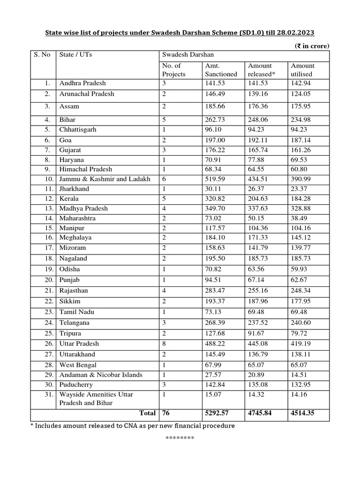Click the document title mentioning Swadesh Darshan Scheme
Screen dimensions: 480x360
180,33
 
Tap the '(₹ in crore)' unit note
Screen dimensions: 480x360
312,45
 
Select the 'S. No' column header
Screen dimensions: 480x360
42,54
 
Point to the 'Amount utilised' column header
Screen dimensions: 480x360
303,70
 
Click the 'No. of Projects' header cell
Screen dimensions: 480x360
174,70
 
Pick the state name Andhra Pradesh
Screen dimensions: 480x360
82,83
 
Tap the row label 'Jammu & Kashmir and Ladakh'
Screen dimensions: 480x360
105,179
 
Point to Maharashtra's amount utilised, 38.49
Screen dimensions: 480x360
300,218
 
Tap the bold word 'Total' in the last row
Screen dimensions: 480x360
147,413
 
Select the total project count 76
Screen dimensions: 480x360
166,413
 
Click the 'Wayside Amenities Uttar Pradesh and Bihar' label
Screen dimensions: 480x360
96,399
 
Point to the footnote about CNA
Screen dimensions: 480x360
133,426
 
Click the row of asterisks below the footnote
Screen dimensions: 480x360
180,438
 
